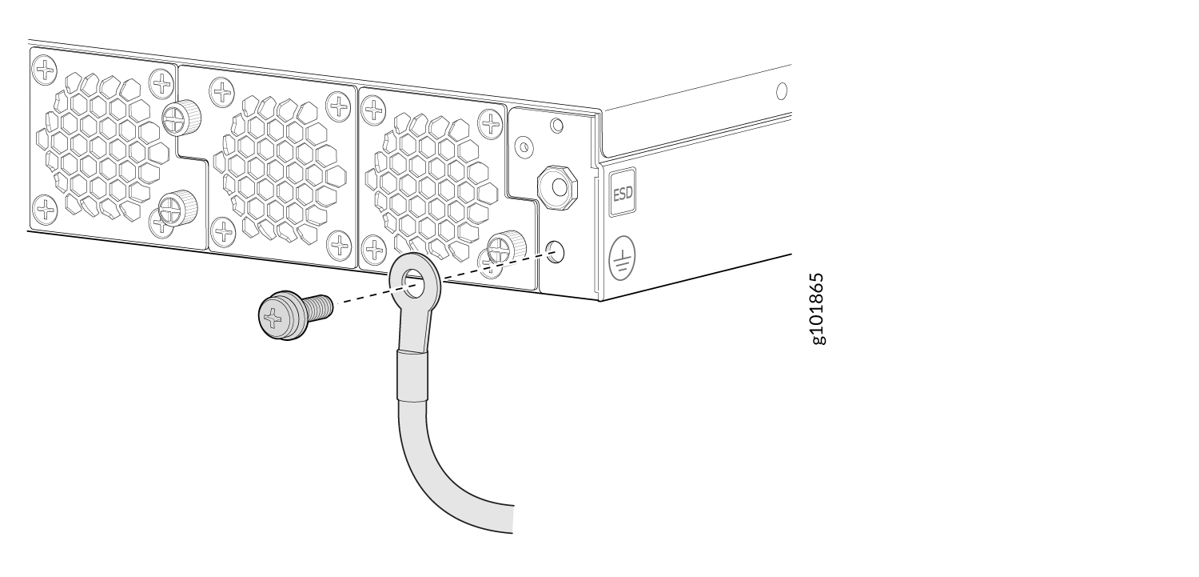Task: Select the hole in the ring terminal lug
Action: (x=412, y=279)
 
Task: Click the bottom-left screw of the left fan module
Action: (x=46, y=210)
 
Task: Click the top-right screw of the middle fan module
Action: (x=339, y=105)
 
